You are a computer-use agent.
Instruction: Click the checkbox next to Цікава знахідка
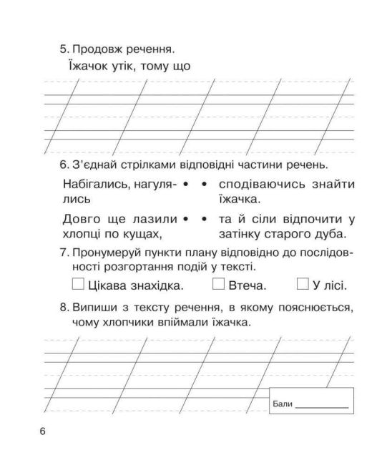point(78,284)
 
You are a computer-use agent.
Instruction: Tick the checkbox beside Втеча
point(219,284)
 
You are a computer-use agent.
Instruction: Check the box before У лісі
point(303,284)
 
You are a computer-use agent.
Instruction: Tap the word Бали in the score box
point(283,405)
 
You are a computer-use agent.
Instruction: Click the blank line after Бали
point(322,406)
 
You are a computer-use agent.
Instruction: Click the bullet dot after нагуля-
point(185,185)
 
